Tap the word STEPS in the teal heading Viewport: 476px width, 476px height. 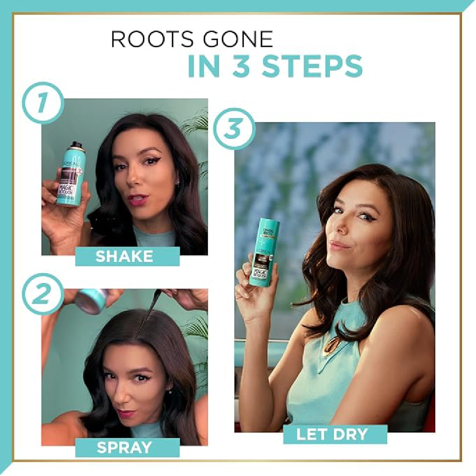click(x=312, y=66)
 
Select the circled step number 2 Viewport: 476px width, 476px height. click(x=42, y=295)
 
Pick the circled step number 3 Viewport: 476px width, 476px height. click(x=231, y=128)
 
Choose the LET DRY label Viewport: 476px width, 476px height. click(x=332, y=435)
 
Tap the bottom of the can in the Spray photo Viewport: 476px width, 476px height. click(x=91, y=301)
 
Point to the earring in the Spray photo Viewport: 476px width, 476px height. click(x=171, y=391)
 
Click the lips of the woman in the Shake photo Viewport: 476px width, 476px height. click(x=139, y=200)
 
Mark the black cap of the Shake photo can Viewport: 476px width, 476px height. click(x=76, y=145)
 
